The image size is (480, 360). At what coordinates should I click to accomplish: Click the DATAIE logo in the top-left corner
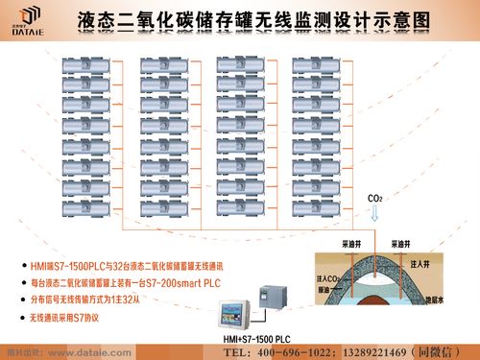(28, 18)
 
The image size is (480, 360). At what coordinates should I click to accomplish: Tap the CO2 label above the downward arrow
(375, 199)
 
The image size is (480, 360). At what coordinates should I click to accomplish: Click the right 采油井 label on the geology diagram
(402, 245)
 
